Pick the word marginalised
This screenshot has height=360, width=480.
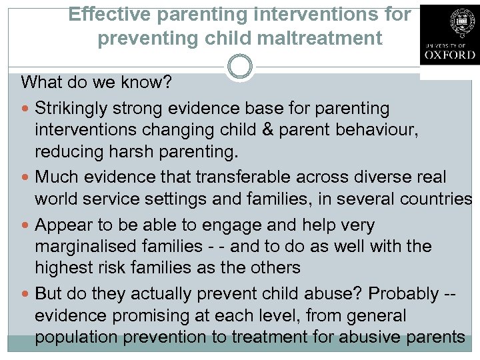click(90, 247)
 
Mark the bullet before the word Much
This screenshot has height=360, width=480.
click(26, 177)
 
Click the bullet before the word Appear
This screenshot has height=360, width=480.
click(26, 225)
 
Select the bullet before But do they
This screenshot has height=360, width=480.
click(26, 294)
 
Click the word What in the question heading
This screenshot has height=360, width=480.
click(42, 83)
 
